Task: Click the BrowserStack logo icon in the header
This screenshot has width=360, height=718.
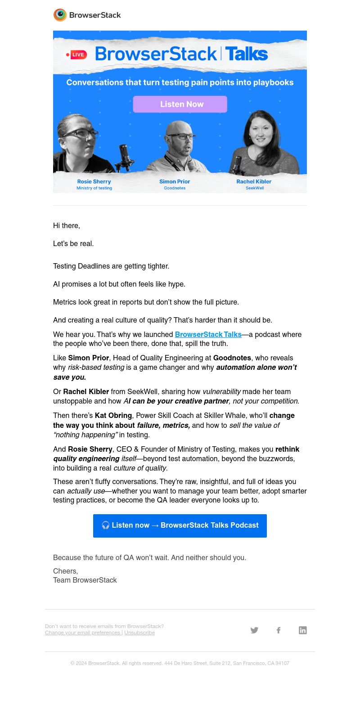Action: (60, 15)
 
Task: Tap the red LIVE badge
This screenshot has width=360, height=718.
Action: (77, 55)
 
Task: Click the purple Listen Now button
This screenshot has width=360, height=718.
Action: (180, 104)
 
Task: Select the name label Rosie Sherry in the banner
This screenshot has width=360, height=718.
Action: (94, 181)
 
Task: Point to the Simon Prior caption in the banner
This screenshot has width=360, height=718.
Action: (175, 181)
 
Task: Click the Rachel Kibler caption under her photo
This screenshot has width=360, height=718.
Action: (254, 181)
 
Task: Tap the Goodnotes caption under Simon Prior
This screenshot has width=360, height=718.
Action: (175, 188)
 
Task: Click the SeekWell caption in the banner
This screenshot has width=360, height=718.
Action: (255, 188)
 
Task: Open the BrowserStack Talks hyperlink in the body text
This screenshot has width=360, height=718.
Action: (208, 334)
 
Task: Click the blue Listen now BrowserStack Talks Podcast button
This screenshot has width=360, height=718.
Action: (180, 525)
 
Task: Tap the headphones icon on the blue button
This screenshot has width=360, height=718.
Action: (105, 525)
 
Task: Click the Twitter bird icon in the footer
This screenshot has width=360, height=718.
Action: (254, 630)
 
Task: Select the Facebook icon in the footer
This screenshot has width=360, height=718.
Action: (279, 630)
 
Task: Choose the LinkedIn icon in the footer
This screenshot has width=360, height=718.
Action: (303, 630)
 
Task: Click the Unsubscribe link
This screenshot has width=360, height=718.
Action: (139, 633)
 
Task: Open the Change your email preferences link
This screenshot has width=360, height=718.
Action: (83, 633)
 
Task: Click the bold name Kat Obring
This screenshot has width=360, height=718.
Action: (113, 415)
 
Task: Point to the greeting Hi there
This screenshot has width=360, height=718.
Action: (67, 225)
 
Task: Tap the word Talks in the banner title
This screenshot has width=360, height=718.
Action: (247, 54)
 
